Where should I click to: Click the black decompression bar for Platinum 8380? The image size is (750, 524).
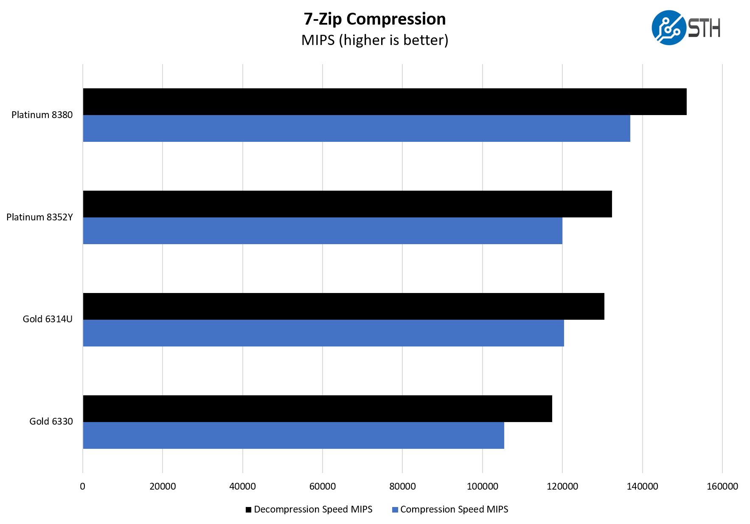[x=385, y=102]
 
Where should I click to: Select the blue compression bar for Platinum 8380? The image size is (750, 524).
[x=357, y=129]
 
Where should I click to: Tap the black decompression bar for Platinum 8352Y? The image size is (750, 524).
[x=347, y=204]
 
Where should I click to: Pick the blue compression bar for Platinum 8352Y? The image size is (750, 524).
[x=323, y=231]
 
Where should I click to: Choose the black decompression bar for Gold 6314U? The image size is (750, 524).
[x=343, y=307]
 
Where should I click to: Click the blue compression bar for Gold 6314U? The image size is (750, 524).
[x=323, y=333]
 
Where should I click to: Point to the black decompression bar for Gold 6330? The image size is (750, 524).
[x=317, y=409]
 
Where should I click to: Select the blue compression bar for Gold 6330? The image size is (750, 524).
[x=293, y=436]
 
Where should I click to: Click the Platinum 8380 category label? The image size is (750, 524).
[x=42, y=115]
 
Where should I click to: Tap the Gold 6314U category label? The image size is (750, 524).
[x=48, y=319]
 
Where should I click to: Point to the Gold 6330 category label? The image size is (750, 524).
[x=51, y=422]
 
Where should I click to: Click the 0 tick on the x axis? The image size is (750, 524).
[x=83, y=487]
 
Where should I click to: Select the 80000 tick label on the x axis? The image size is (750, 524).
[x=402, y=487]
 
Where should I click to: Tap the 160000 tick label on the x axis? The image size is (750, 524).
[x=722, y=487]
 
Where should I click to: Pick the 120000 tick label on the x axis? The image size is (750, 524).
[x=562, y=487]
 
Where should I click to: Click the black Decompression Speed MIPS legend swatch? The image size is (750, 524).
[x=249, y=510]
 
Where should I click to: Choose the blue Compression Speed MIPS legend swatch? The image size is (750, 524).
[x=395, y=510]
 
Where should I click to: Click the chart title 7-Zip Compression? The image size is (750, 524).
[x=374, y=20]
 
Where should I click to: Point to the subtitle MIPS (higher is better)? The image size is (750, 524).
[x=374, y=40]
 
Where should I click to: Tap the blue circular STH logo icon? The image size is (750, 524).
[x=669, y=28]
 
